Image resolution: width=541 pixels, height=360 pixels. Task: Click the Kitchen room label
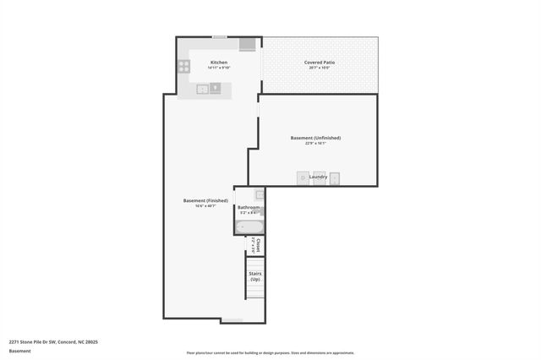tap(219, 63)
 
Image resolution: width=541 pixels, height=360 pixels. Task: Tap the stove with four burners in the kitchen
tap(183, 66)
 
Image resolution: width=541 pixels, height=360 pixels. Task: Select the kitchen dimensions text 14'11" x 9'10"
tap(219, 68)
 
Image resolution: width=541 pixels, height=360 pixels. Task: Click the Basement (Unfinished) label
tap(315, 138)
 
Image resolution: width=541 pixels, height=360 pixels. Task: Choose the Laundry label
tap(318, 177)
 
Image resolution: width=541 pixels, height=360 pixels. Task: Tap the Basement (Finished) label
tap(205, 200)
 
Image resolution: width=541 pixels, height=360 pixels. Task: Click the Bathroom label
tap(249, 207)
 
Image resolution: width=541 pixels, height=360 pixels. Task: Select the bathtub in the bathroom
tap(250, 226)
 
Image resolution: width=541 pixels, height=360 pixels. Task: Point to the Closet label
tap(258, 245)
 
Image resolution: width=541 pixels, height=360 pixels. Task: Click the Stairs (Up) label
tap(254, 276)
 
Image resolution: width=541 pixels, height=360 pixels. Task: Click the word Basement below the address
tap(19, 351)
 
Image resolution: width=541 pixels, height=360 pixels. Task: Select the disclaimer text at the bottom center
tap(270, 353)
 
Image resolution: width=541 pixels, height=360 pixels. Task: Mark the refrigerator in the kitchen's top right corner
tap(248, 44)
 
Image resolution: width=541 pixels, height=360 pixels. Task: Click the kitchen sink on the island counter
tap(203, 87)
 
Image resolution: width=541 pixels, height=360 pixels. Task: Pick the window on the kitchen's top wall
tap(219, 36)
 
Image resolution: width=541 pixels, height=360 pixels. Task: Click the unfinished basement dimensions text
tap(315, 144)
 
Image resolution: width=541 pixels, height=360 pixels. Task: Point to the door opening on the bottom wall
tap(231, 319)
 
